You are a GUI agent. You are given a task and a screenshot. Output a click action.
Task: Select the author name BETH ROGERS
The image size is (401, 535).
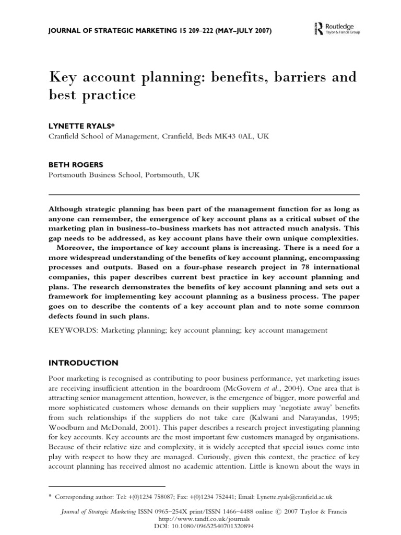click(x=74, y=163)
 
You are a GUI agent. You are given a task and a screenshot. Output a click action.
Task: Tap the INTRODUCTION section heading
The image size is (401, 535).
click(x=84, y=363)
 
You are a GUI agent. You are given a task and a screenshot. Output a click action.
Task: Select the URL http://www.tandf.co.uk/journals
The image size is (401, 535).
click(x=200, y=519)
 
